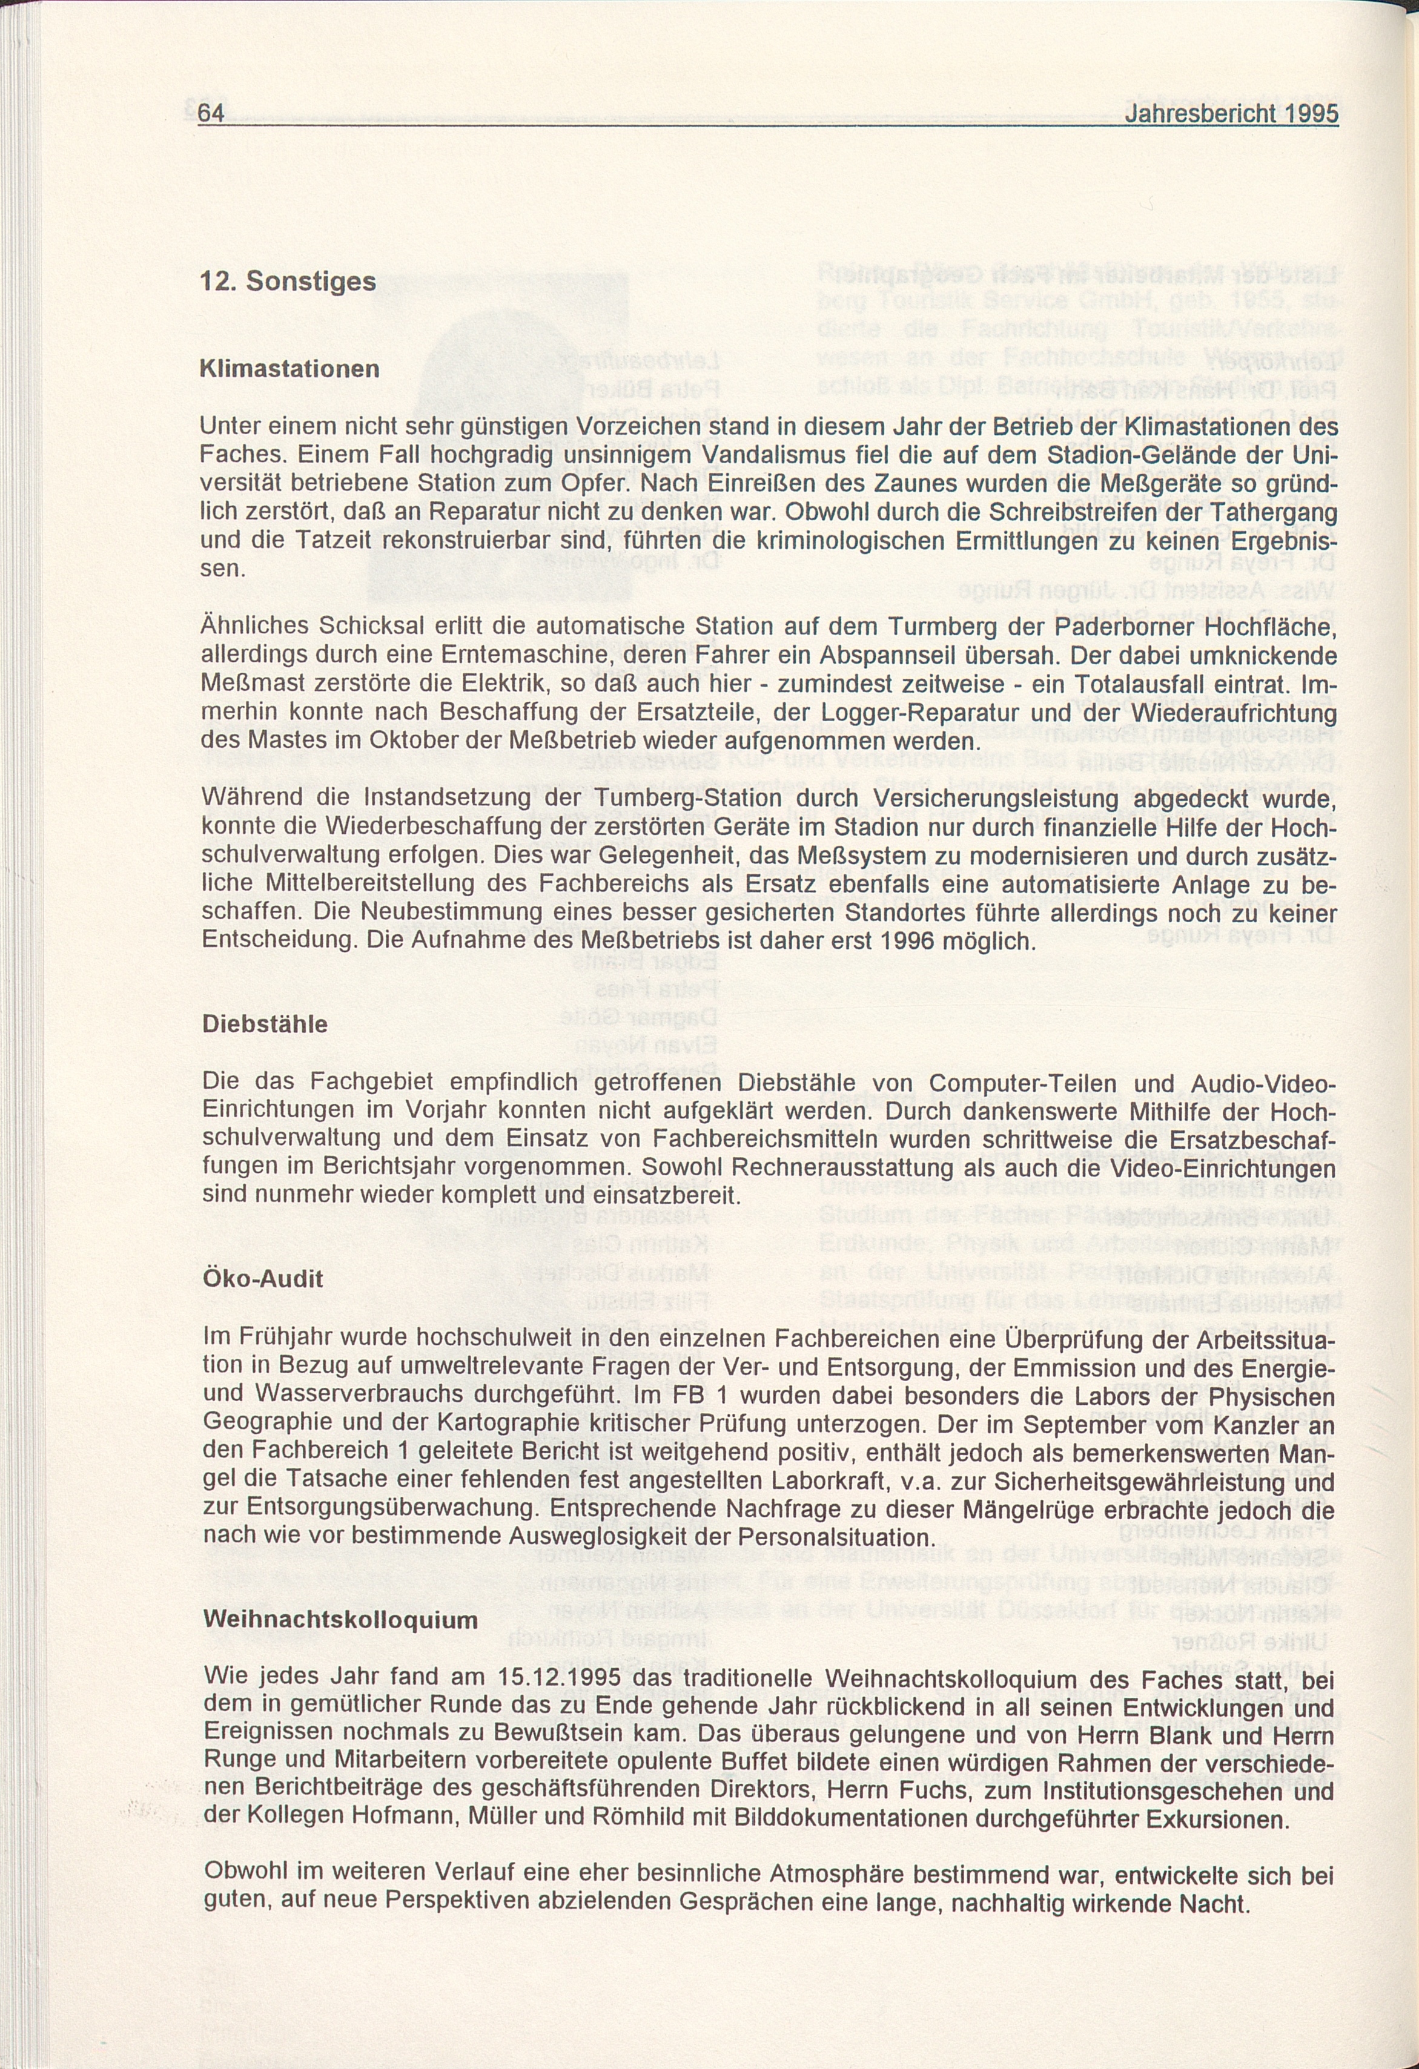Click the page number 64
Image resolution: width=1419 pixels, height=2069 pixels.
click(211, 114)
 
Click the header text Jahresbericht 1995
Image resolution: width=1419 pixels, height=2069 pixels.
click(1231, 115)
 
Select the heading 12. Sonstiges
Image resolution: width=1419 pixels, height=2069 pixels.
click(288, 282)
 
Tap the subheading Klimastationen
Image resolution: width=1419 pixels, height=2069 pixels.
click(289, 369)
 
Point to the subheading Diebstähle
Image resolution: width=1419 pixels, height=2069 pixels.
click(265, 1024)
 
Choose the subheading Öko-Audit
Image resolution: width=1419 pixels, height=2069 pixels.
click(263, 1278)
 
